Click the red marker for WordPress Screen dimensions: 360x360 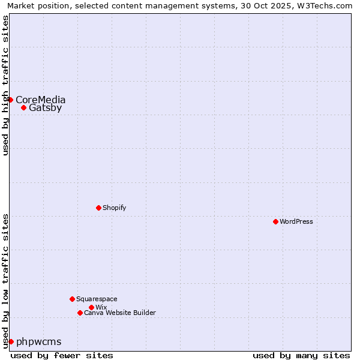[x=275, y=221]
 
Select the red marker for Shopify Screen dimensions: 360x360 [x=98, y=208]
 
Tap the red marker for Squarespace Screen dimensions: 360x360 [x=72, y=299]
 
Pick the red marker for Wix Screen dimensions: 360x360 [x=91, y=307]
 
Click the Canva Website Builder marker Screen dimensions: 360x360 [x=80, y=313]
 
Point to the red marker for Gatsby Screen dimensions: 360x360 [x=23, y=108]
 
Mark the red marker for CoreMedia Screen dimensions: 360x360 [x=11, y=100]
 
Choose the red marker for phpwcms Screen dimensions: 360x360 [x=11, y=341]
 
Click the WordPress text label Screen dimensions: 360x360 [x=296, y=221]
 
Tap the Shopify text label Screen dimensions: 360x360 [x=114, y=208]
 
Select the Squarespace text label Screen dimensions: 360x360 [x=97, y=299]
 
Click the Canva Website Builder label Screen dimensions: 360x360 [x=120, y=313]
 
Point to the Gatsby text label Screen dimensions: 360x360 [x=45, y=108]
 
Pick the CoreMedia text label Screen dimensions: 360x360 [x=41, y=100]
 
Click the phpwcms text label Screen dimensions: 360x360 [x=39, y=341]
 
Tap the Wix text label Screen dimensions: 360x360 [x=101, y=307]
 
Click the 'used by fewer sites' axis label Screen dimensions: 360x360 [x=62, y=355]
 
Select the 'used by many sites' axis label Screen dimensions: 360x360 [x=301, y=355]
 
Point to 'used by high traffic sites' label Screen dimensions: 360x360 [x=5, y=85]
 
